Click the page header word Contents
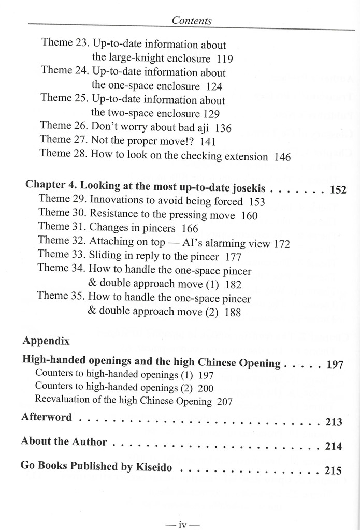(x=192, y=21)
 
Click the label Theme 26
(x=64, y=127)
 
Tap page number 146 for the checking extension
(x=282, y=156)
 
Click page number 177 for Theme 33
(x=233, y=257)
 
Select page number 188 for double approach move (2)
(x=232, y=313)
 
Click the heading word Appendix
(x=46, y=341)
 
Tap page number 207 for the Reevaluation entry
(x=224, y=401)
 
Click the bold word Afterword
(x=47, y=417)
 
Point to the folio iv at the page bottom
(x=182, y=525)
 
